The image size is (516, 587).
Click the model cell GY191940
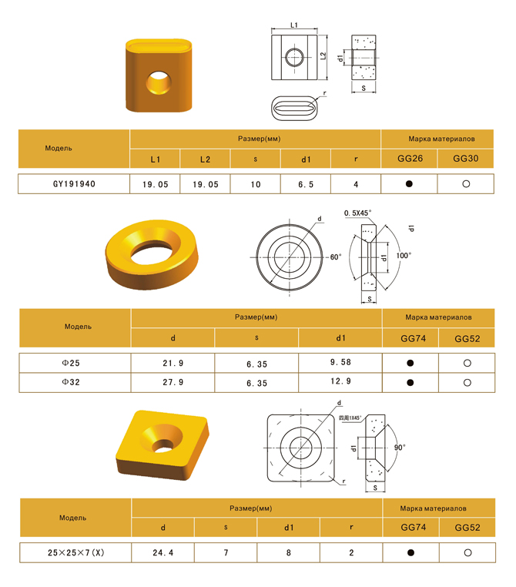(x=74, y=184)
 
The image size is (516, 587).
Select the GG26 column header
(x=410, y=159)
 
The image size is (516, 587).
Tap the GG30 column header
(x=465, y=159)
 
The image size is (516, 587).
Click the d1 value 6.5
(x=306, y=184)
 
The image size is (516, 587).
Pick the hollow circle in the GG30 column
(x=466, y=184)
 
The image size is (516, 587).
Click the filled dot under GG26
(x=409, y=184)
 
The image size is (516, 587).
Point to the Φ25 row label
(x=71, y=363)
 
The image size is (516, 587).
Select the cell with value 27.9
(x=173, y=382)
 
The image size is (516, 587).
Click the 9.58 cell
(x=340, y=362)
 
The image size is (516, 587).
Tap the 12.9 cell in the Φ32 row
(x=340, y=381)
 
